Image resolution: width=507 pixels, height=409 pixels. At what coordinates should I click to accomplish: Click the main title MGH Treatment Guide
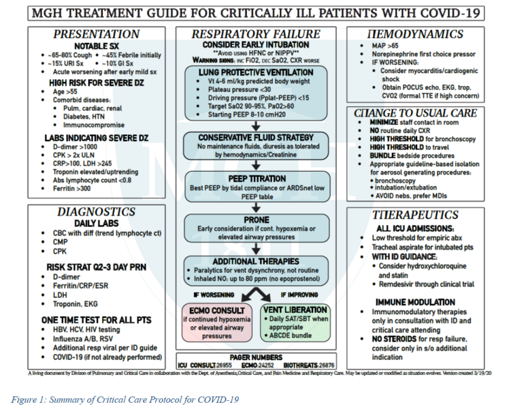(x=253, y=13)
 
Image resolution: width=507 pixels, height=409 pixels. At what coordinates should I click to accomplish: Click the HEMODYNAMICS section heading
(x=415, y=34)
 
